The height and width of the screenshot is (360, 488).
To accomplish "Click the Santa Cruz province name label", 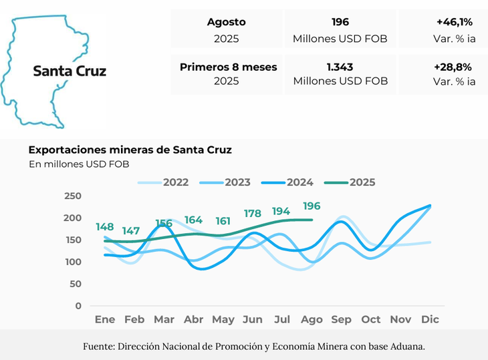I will (70, 71).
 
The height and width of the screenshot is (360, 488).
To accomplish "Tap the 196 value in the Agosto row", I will (340, 22).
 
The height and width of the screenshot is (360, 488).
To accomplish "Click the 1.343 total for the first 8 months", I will (340, 67).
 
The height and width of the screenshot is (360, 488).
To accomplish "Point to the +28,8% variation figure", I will (454, 67).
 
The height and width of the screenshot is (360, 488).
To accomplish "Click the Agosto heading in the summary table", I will (227, 22).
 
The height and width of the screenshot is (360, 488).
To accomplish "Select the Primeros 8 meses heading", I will (229, 67).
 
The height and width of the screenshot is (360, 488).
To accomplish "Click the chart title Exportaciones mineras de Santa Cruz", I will (130, 150).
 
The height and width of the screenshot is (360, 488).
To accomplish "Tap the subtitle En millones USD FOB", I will (79, 164).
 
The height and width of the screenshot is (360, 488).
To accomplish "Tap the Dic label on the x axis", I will (430, 320).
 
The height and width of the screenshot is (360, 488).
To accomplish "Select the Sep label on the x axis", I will (341, 320).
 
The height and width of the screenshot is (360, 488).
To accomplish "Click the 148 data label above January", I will (105, 227).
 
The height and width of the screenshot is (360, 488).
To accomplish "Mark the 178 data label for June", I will (252, 214).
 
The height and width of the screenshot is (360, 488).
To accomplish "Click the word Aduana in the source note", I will (406, 346).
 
